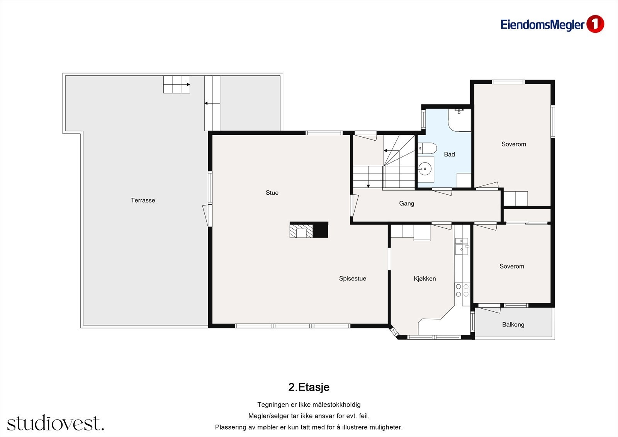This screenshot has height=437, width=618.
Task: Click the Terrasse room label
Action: click(x=143, y=201)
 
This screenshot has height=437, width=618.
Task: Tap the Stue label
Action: click(x=272, y=193)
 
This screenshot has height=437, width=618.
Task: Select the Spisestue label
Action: click(x=353, y=279)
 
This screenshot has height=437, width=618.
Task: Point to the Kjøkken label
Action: click(x=425, y=279)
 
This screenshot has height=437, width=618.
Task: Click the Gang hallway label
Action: click(x=407, y=204)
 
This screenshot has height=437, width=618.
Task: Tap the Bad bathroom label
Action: click(x=450, y=154)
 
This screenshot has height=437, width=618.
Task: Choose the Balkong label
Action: click(x=513, y=325)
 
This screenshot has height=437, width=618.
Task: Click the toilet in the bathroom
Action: click(x=427, y=148)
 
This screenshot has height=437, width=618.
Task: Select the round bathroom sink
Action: click(x=425, y=168)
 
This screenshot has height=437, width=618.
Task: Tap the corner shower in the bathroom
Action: click(x=459, y=120)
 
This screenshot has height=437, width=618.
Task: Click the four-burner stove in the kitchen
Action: click(x=462, y=291)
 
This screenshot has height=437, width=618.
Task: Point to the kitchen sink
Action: click(x=462, y=247)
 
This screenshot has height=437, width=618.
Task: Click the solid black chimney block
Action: click(x=321, y=230)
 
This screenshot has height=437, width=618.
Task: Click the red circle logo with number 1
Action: click(x=595, y=24)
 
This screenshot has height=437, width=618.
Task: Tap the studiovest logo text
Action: click(x=56, y=423)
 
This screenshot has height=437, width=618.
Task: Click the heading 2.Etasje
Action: click(x=309, y=387)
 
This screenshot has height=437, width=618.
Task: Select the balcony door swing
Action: click(x=489, y=309)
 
